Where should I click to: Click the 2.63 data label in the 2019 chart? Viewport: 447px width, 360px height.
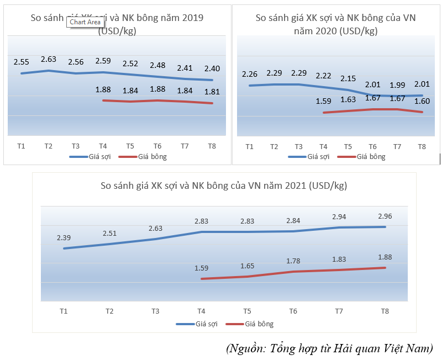click(x=49, y=60)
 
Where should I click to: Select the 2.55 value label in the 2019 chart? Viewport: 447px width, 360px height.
click(x=22, y=62)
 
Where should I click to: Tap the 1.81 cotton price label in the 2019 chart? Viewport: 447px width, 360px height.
click(x=212, y=92)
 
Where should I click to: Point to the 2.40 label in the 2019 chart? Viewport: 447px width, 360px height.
click(x=212, y=68)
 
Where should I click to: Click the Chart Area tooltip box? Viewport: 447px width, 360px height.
click(x=85, y=22)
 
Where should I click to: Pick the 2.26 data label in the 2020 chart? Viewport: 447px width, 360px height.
click(x=250, y=75)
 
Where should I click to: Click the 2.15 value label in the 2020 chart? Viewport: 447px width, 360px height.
click(x=348, y=79)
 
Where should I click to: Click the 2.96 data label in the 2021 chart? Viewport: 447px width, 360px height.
click(x=385, y=216)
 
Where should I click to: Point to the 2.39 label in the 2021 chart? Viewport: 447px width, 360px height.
click(x=64, y=237)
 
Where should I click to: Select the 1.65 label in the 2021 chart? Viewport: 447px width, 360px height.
click(x=247, y=266)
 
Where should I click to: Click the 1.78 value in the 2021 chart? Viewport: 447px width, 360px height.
click(x=293, y=261)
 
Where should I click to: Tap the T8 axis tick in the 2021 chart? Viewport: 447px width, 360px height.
click(x=385, y=311)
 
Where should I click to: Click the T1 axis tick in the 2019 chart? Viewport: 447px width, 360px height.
click(x=21, y=146)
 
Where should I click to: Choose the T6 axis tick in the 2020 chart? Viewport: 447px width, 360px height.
click(x=372, y=146)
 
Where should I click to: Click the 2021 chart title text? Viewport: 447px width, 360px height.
click(x=224, y=186)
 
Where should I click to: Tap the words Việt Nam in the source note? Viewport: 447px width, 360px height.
click(x=411, y=348)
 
